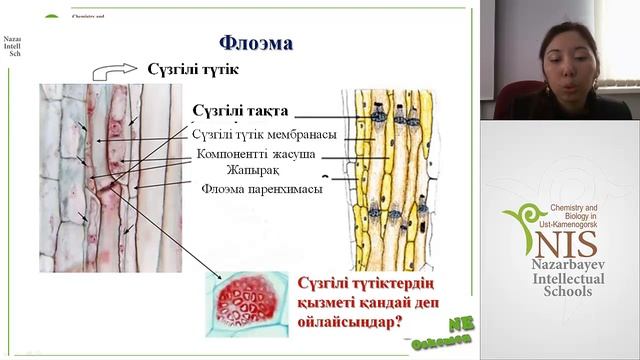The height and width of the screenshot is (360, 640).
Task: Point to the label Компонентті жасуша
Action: (255, 154)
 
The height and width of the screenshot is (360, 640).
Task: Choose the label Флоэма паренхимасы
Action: (261, 188)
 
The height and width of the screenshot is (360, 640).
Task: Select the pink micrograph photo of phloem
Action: (110, 177)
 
